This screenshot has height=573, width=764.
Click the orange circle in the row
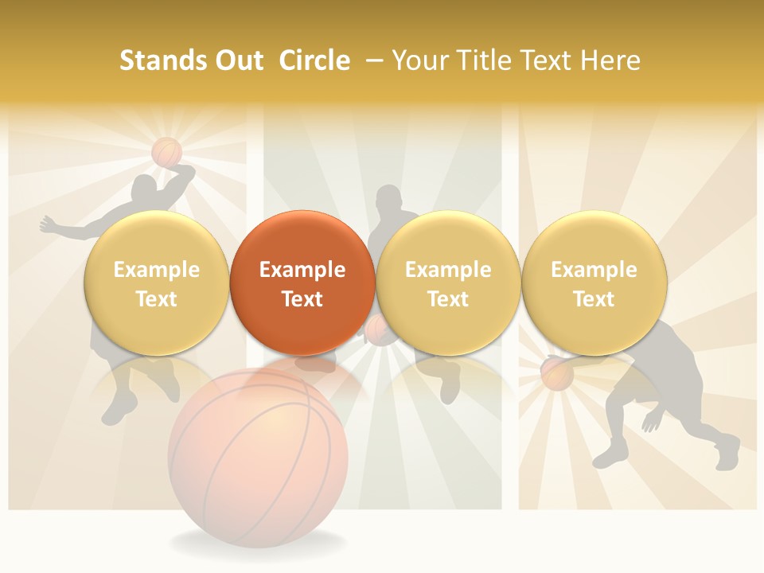(302, 283)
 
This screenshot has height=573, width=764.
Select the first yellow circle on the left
(156, 283)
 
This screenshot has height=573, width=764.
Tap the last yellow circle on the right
(594, 283)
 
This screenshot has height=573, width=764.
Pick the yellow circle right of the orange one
(448, 283)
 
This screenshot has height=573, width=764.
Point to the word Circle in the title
(314, 60)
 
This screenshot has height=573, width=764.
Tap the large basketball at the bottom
(259, 454)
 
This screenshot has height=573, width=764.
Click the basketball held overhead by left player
(167, 151)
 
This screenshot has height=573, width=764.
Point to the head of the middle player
(389, 199)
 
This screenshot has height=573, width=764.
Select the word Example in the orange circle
(302, 270)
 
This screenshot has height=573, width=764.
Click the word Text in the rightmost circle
(594, 299)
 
